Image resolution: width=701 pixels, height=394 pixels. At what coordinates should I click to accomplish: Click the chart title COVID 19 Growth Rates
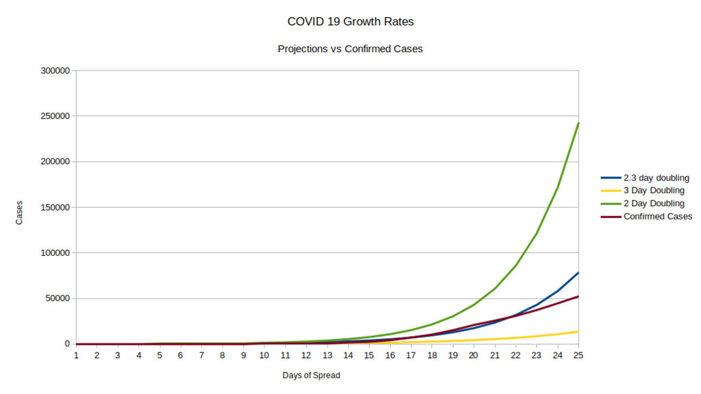[350, 22]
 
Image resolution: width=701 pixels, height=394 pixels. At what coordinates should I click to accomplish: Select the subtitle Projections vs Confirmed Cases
[350, 49]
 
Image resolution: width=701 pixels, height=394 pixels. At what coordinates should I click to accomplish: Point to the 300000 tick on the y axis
[55, 71]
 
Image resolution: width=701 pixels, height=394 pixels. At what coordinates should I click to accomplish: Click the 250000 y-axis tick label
[55, 116]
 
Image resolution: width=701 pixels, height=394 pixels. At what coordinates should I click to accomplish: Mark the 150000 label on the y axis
[55, 207]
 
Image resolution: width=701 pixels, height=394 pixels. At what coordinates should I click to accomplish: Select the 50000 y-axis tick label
[57, 298]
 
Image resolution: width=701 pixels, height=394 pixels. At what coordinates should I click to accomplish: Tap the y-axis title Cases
[19, 213]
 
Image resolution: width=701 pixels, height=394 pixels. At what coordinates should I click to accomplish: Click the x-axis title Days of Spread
[311, 376]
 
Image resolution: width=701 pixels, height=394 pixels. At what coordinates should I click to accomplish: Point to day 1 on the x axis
[76, 356]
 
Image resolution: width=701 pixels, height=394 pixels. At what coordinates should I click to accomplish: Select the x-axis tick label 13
[327, 356]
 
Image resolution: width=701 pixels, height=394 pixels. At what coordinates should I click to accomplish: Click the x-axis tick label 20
[473, 356]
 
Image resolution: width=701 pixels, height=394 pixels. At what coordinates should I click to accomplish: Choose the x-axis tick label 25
[578, 356]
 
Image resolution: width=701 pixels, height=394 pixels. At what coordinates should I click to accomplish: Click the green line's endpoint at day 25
[578, 123]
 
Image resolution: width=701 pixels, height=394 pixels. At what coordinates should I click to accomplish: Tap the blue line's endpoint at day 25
[578, 273]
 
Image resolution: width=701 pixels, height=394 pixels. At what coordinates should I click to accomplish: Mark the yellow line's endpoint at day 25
[578, 332]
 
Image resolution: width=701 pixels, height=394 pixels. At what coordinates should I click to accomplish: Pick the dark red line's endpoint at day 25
[578, 296]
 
